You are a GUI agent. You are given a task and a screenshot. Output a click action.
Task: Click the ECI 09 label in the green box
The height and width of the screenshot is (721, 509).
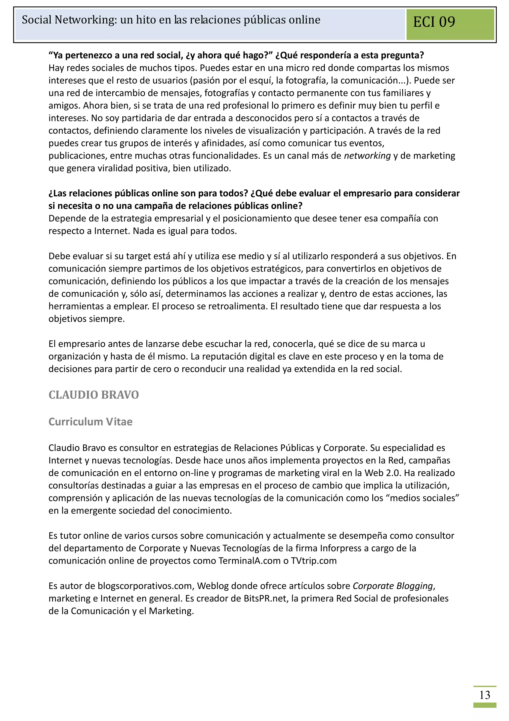(434, 22)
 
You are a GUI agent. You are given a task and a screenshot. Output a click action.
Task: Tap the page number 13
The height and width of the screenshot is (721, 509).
(485, 695)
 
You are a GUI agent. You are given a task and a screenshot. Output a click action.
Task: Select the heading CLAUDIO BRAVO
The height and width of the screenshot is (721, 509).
(93, 395)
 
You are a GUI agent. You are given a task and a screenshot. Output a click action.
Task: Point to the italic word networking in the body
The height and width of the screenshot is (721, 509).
(367, 156)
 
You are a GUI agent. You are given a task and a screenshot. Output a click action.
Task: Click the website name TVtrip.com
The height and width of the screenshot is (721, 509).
(314, 561)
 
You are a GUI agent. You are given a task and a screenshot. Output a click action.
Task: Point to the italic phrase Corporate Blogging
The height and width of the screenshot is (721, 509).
(393, 586)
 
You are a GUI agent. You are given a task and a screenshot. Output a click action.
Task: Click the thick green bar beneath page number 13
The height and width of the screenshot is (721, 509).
(485, 705)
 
